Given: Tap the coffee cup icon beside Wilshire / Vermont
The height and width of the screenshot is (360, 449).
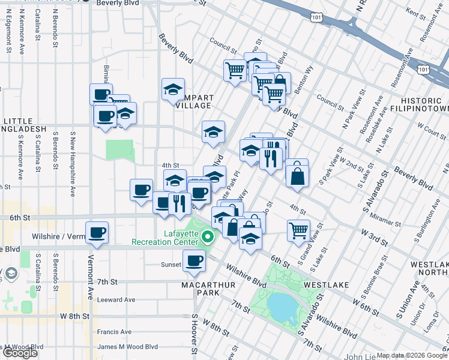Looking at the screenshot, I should pos(97,232).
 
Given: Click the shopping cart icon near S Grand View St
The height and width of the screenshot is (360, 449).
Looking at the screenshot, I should pos(298,230).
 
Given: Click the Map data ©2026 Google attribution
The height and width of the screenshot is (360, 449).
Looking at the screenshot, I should pos(412,355).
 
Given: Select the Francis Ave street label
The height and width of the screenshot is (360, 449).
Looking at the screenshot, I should pos(114,332).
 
